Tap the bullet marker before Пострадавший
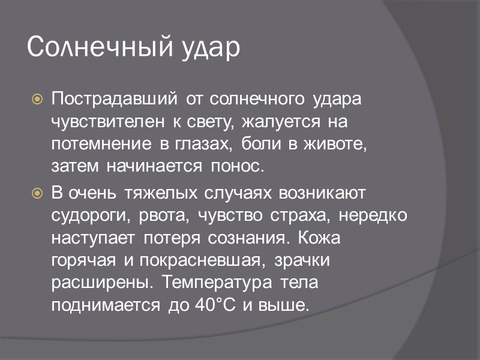(37, 97)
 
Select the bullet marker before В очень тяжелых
(37, 194)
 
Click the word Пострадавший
(115, 97)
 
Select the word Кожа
(319, 238)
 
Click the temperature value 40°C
(217, 305)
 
